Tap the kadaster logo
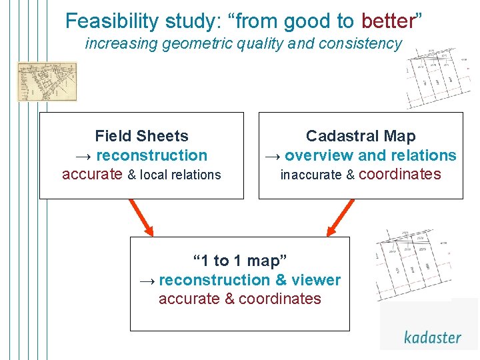click(432, 337)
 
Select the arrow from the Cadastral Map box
click(341, 217)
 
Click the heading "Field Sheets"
click(141, 136)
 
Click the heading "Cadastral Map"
click(361, 136)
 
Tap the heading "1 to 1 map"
click(239, 261)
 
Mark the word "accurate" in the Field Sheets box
click(92, 175)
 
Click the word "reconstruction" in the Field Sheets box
click(152, 155)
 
